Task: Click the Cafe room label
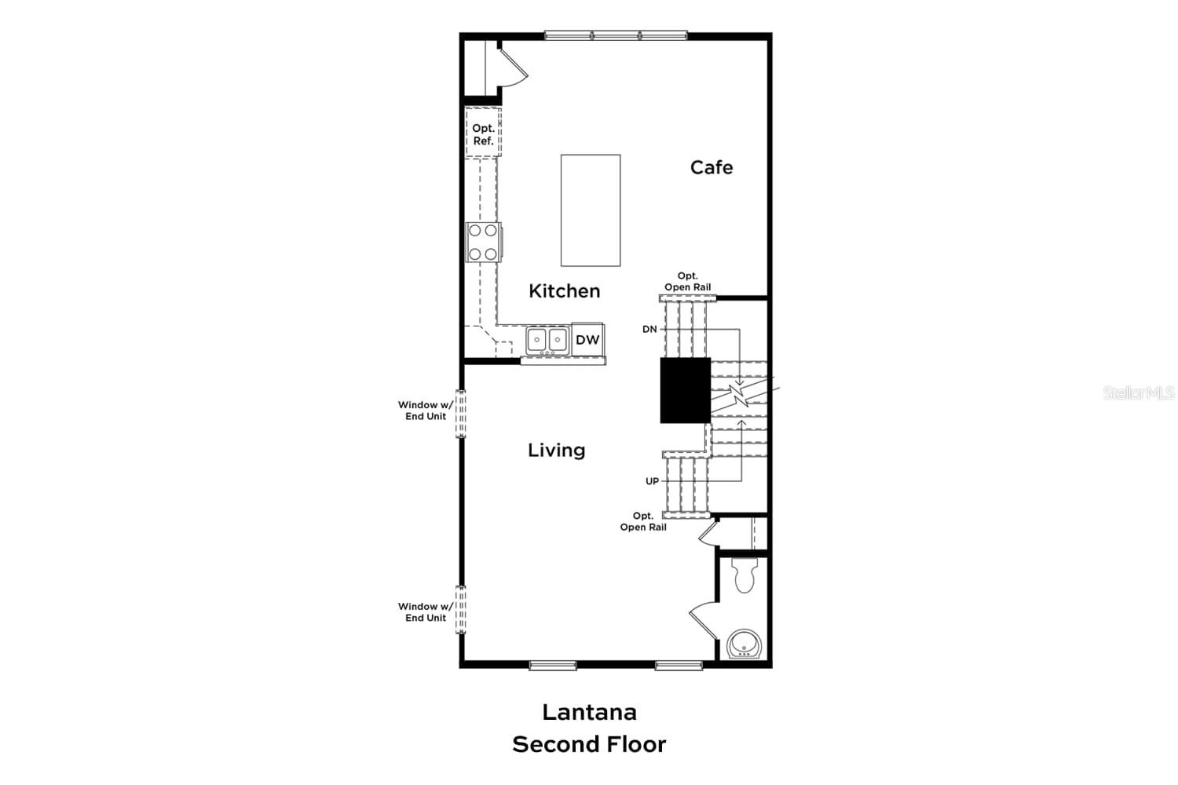tap(711, 167)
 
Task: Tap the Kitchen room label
tap(564, 291)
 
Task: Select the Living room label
tap(556, 451)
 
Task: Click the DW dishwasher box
tap(587, 339)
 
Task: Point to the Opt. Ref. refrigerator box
tap(483, 134)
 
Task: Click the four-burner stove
tap(483, 242)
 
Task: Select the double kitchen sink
tap(547, 340)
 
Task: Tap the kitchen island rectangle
tap(591, 210)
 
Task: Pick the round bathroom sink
tap(742, 645)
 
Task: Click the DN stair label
tap(649, 330)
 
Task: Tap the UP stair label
tap(652, 481)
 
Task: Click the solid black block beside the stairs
tap(685, 390)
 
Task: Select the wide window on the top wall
tap(616, 35)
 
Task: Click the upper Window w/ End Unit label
tap(425, 411)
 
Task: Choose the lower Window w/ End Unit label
tap(425, 612)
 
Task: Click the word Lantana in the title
tap(589, 712)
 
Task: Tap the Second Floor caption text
tap(589, 744)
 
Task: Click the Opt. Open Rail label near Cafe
tap(687, 282)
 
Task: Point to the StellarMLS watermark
tap(1138, 392)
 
